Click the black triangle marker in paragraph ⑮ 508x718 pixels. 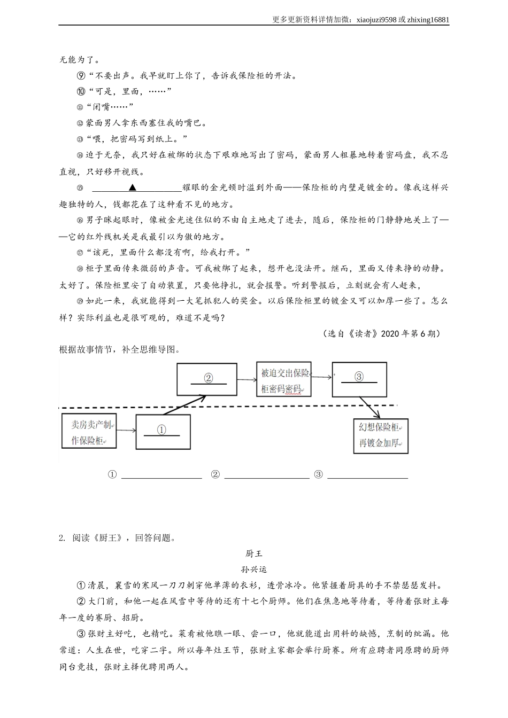pyautogui.click(x=133, y=188)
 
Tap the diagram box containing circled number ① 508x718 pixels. pyautogui.click(x=163, y=431)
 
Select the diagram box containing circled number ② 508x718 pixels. pyautogui.click(x=207, y=379)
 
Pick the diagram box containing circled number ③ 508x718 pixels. pyautogui.click(x=359, y=379)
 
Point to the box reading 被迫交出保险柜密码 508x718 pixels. pyautogui.click(x=283, y=380)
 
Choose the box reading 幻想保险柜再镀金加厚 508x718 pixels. pyautogui.click(x=380, y=435)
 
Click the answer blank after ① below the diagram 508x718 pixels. pyautogui.click(x=161, y=475)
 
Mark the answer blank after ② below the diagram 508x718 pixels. pyautogui.click(x=266, y=475)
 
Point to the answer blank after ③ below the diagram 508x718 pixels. pyautogui.click(x=367, y=475)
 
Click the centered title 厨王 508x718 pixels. pyautogui.click(x=254, y=553)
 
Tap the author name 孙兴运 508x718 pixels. pyautogui.click(x=254, y=569)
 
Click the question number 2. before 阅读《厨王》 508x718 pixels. pyautogui.click(x=63, y=538)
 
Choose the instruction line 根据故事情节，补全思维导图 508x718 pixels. pyautogui.click(x=120, y=350)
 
